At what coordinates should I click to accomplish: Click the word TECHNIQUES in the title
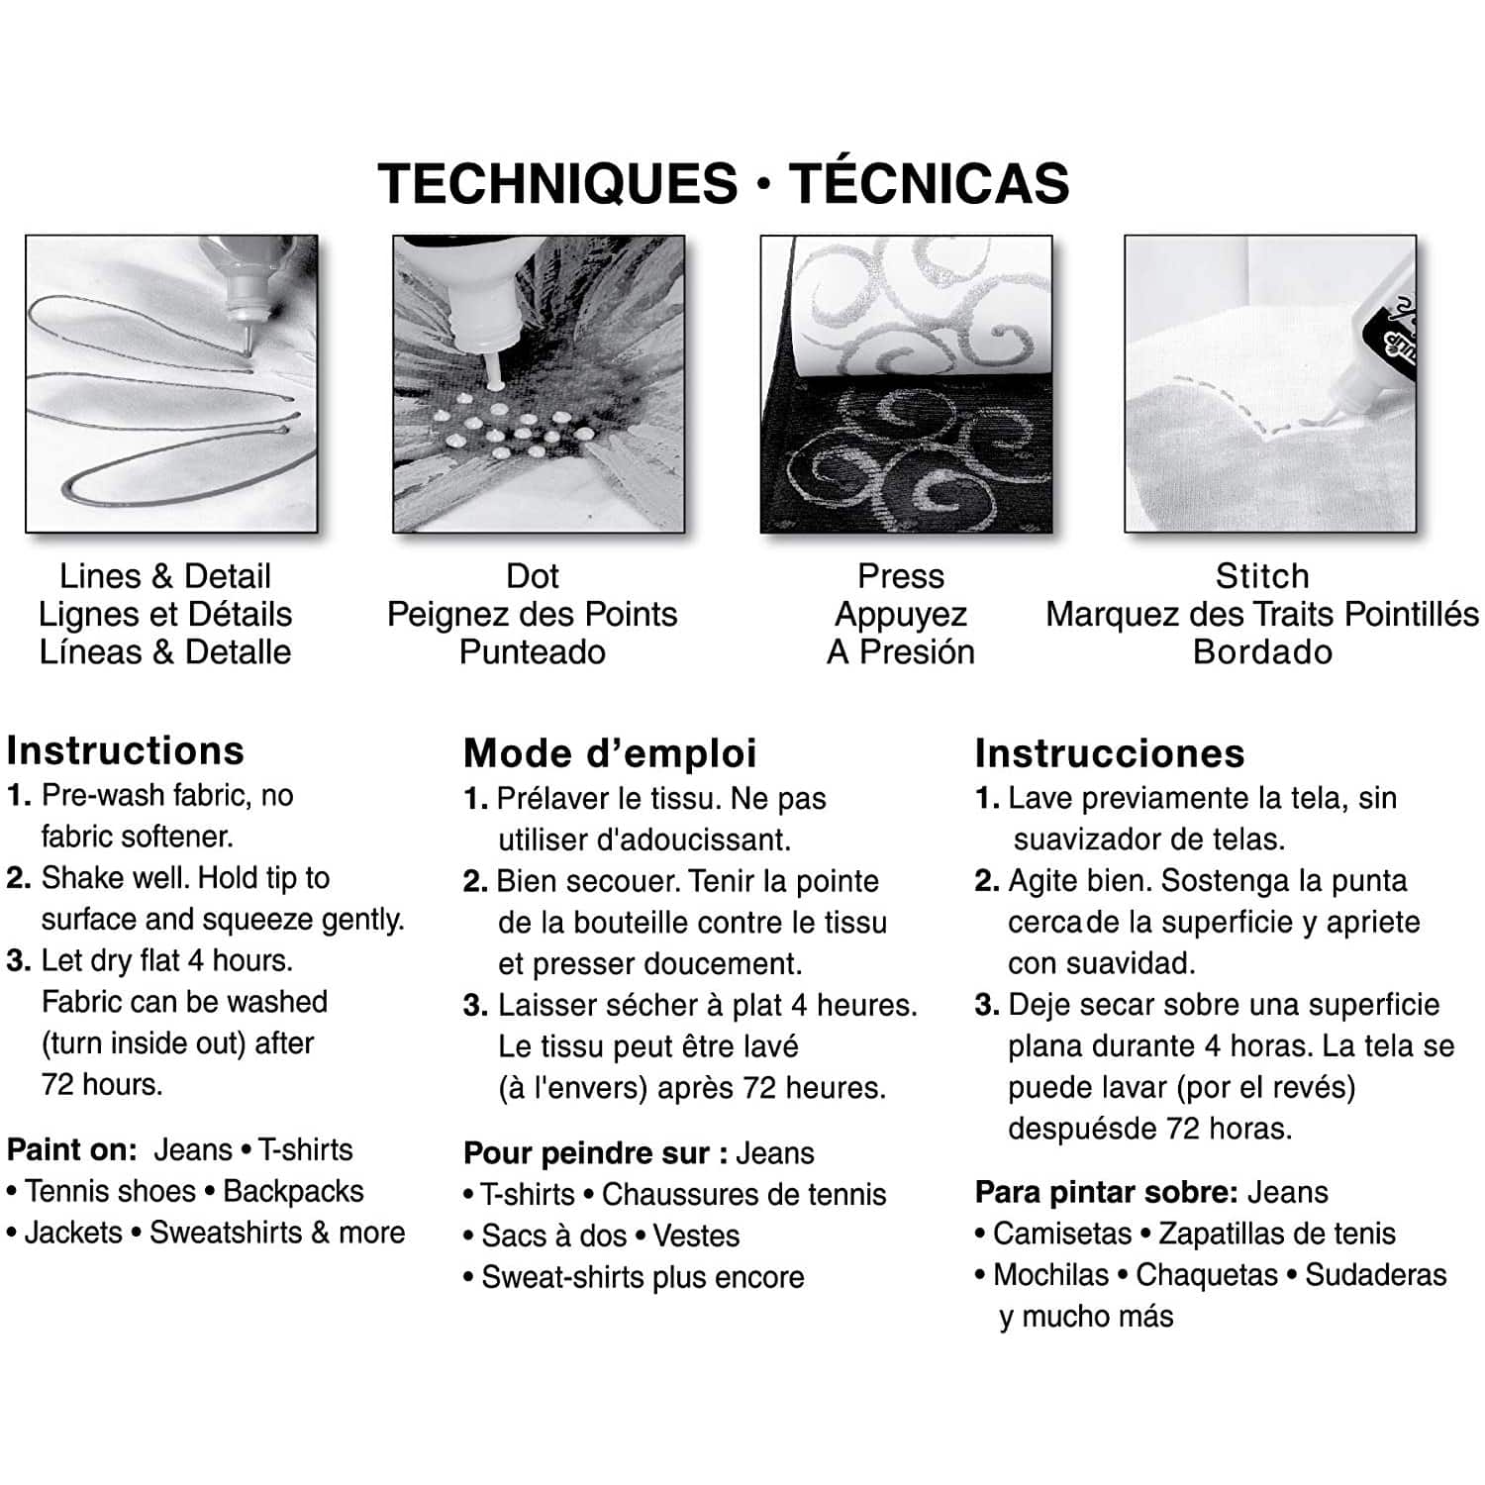[x=557, y=184]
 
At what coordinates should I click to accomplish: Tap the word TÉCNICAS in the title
[x=929, y=182]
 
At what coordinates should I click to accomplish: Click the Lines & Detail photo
[x=171, y=383]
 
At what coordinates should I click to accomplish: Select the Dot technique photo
[x=539, y=383]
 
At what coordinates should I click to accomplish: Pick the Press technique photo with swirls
[x=906, y=383]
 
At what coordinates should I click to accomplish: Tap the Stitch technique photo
[x=1270, y=383]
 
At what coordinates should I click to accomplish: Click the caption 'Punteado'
[x=533, y=652]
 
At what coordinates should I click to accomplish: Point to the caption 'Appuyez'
[x=901, y=616]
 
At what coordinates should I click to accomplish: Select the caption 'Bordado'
[x=1262, y=652]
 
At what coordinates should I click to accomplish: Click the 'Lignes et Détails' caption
[x=165, y=615]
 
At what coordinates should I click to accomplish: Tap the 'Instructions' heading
[x=126, y=750]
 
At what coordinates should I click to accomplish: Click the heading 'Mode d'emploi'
[x=610, y=753]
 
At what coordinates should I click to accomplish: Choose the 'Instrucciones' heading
[x=1110, y=753]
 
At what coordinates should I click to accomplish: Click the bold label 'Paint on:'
[x=72, y=1150]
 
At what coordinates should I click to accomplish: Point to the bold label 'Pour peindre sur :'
[x=597, y=1154]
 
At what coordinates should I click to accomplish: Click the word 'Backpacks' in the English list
[x=294, y=1192]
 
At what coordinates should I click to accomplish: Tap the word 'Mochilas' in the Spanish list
[x=1051, y=1275]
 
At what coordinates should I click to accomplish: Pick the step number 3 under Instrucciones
[x=986, y=1005]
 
